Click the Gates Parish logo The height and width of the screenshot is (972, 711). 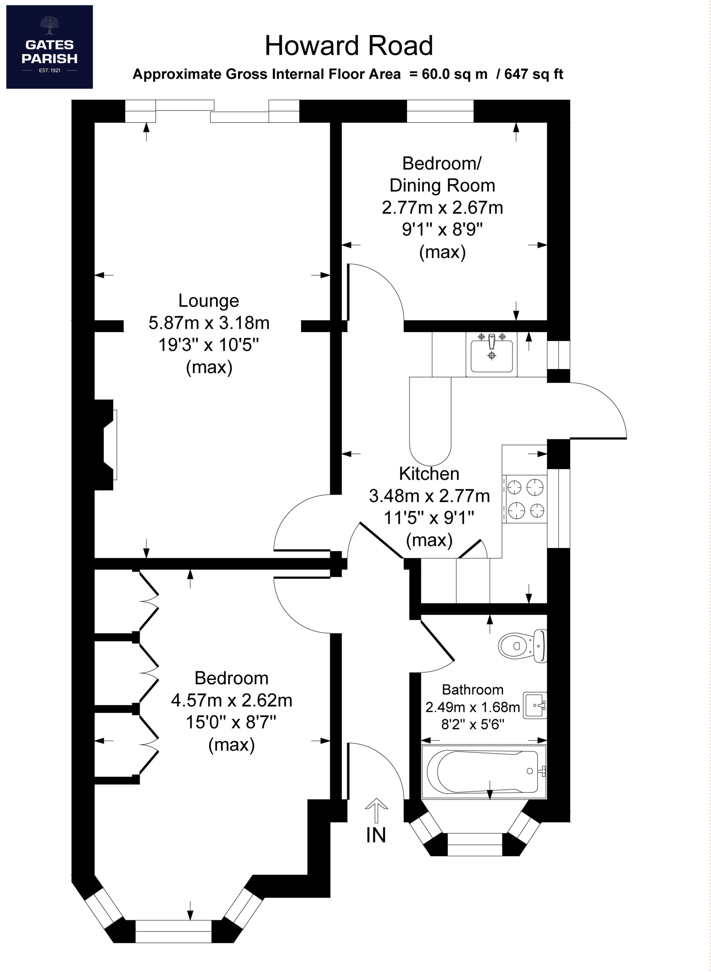tap(49, 47)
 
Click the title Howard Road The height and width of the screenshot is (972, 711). tap(349, 46)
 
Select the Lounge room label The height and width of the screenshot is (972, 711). tap(209, 300)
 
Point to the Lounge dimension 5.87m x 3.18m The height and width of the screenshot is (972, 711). tap(209, 323)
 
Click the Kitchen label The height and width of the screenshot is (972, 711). tap(429, 474)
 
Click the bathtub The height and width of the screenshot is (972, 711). tap(484, 772)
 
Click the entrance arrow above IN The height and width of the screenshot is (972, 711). tap(376, 811)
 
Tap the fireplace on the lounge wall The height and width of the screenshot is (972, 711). tap(106, 445)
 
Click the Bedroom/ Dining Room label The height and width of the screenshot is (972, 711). tap(442, 174)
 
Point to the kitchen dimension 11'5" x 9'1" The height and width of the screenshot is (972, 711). tap(429, 518)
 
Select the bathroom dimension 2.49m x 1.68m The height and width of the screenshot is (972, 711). tap(472, 707)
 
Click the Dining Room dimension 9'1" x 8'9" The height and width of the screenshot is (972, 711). tap(442, 230)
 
